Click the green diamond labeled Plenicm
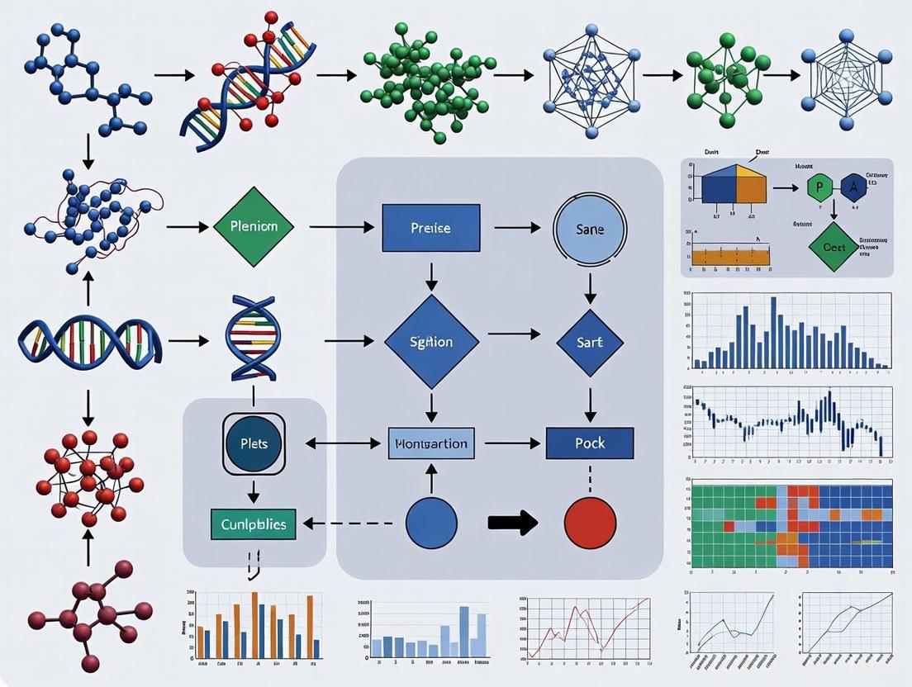point(253,225)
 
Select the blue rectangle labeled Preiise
point(430,227)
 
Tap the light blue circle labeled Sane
point(590,227)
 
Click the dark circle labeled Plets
point(253,443)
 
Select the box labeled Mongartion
point(431,443)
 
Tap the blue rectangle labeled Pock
point(590,443)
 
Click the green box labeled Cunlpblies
point(253,524)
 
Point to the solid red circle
point(590,524)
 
